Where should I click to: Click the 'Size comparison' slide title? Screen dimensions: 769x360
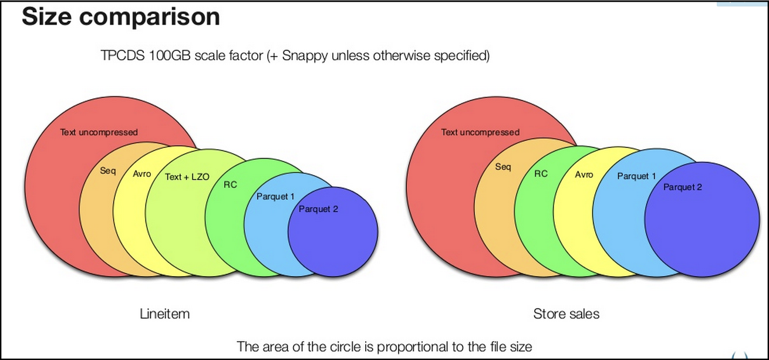point(121,17)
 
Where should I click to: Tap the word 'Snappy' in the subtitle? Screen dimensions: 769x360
point(305,56)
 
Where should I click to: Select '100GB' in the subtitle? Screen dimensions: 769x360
point(170,55)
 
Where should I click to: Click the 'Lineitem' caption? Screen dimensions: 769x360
point(164,314)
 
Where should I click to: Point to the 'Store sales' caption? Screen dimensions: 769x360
point(566,314)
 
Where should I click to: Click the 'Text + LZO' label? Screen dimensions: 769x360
point(187,177)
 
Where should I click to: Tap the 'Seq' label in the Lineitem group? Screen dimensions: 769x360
point(108,171)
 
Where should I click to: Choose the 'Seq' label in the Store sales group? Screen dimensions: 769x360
point(503,167)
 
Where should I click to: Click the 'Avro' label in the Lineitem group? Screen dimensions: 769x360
point(142,174)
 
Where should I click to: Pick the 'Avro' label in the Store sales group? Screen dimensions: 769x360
point(584,174)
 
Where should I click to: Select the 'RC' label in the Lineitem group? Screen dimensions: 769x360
point(230,185)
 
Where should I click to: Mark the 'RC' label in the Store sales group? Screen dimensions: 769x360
point(541,174)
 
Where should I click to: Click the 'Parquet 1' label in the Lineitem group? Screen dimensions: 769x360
point(275,197)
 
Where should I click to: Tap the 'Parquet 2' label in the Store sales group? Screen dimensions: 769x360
point(683,187)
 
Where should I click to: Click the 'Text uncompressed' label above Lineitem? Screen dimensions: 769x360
point(99,132)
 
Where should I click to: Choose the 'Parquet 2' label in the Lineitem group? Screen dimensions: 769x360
point(318,209)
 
